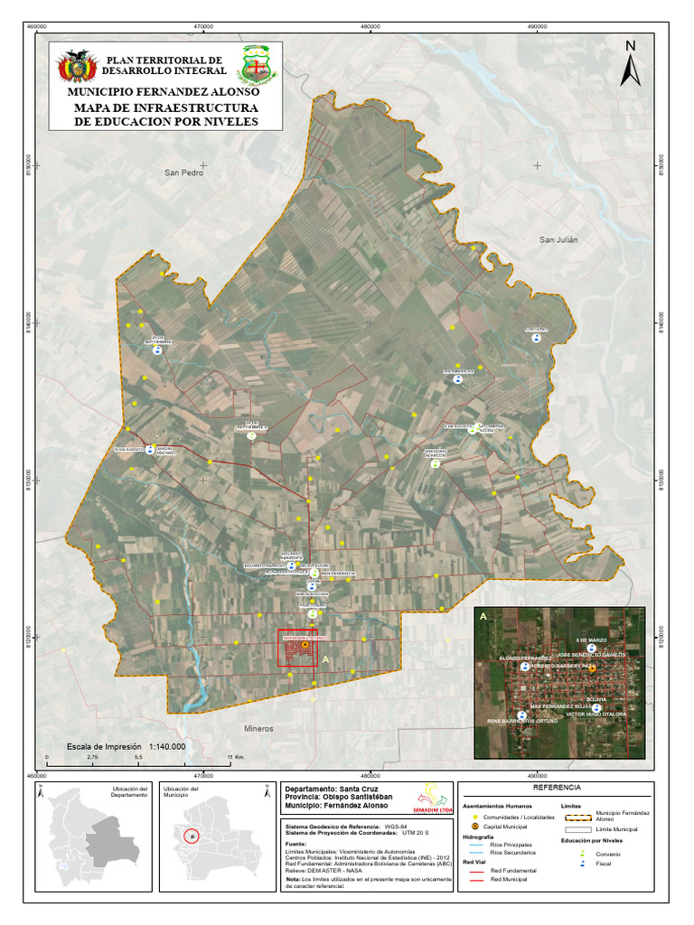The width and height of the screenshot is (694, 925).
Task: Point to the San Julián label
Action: pyautogui.click(x=558, y=239)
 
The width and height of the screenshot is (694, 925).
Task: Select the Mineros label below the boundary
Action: pyautogui.click(x=258, y=727)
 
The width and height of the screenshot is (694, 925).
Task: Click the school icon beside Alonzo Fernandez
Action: pyautogui.click(x=525, y=667)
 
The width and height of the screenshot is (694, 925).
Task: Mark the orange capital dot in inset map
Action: pyautogui.click(x=592, y=669)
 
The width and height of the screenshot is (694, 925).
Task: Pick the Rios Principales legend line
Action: pyautogui.click(x=475, y=845)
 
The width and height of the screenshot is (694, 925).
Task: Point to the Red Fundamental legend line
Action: pyautogui.click(x=475, y=870)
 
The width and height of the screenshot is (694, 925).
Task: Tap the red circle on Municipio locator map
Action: pyautogui.click(x=191, y=836)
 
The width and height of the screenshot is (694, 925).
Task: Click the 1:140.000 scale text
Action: pyautogui.click(x=164, y=747)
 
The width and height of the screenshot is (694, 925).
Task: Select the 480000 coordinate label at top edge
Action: pyautogui.click(x=370, y=26)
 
